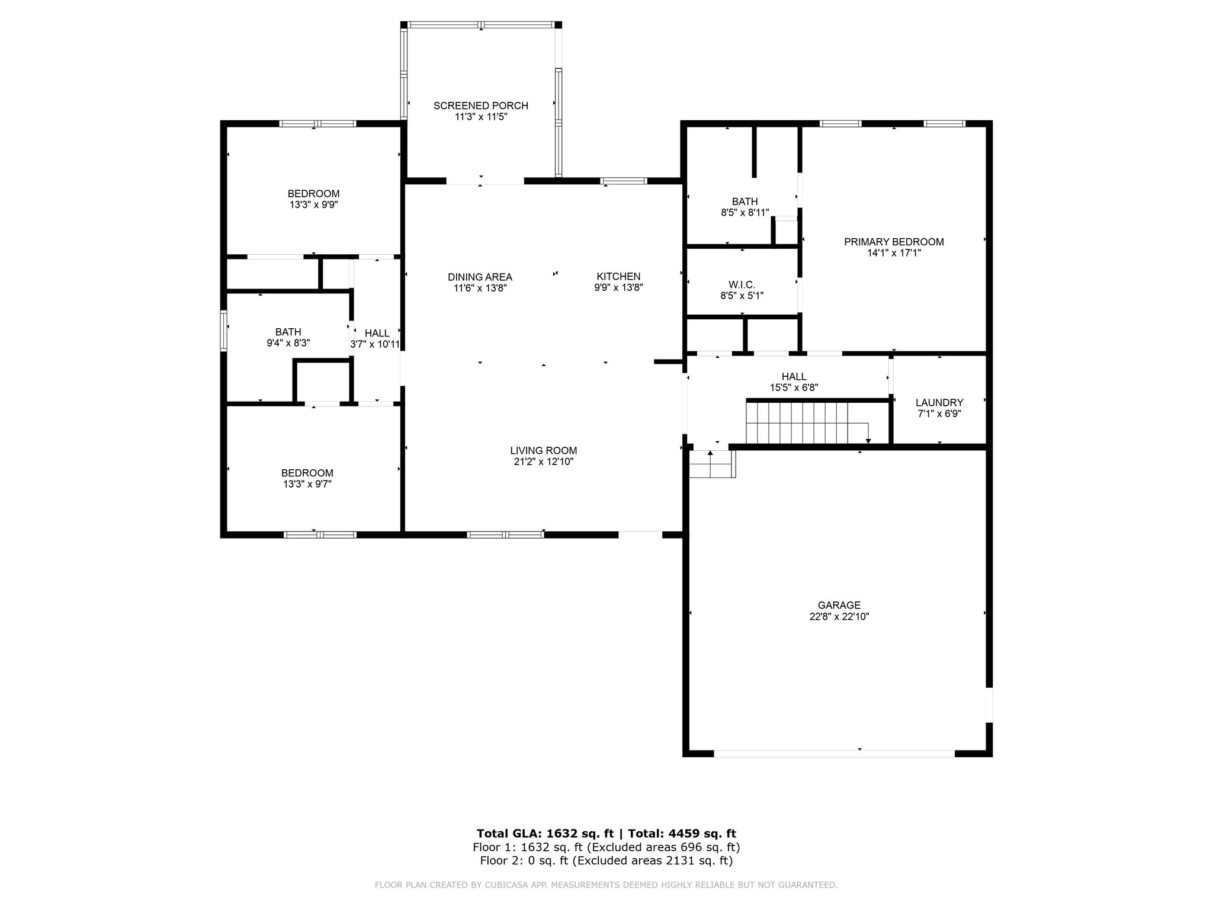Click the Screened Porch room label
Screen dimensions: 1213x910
pos(480,106)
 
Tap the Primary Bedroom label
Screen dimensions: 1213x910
pos(894,242)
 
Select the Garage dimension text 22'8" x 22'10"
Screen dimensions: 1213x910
pos(839,616)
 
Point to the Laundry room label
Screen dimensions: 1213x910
pos(939,403)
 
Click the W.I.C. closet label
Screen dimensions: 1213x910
pos(742,285)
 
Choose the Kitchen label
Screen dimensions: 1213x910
pos(618,277)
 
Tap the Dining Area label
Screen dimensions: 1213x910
pos(480,277)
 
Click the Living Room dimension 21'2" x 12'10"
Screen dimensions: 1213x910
pos(544,462)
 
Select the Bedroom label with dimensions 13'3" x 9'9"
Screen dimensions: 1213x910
pos(314,194)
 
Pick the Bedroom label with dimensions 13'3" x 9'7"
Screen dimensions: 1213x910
pos(307,473)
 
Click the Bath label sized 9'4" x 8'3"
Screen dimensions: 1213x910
pos(288,332)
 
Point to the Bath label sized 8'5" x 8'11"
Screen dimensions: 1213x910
pos(745,202)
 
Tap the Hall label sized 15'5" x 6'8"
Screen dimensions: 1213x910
pos(794,377)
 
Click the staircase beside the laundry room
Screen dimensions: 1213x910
pos(807,422)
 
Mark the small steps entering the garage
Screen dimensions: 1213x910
pos(713,464)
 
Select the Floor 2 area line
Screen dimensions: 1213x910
pos(606,861)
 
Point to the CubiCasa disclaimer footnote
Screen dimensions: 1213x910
pos(606,885)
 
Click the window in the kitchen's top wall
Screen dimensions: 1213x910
pos(624,181)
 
